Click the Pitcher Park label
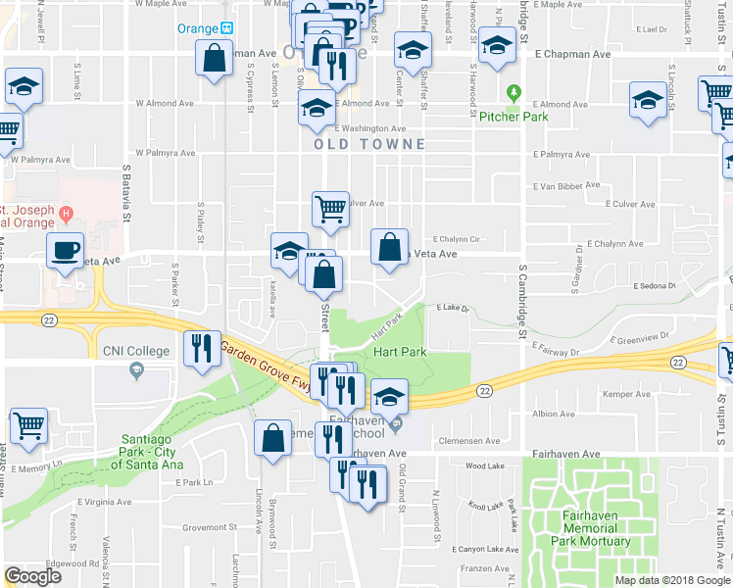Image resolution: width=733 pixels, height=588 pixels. click(x=513, y=117)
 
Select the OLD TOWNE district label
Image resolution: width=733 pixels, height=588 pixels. click(x=369, y=144)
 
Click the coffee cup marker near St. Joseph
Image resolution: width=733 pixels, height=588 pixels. click(x=66, y=251)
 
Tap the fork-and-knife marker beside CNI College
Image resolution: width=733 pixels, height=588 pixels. click(x=201, y=350)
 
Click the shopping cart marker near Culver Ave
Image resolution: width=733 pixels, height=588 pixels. click(x=330, y=209)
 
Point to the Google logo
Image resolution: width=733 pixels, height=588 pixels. click(x=32, y=576)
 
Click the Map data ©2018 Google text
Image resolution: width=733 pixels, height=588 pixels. click(x=672, y=580)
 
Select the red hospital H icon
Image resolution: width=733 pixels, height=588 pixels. click(x=66, y=213)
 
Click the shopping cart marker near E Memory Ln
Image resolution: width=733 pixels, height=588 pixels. click(x=28, y=426)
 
